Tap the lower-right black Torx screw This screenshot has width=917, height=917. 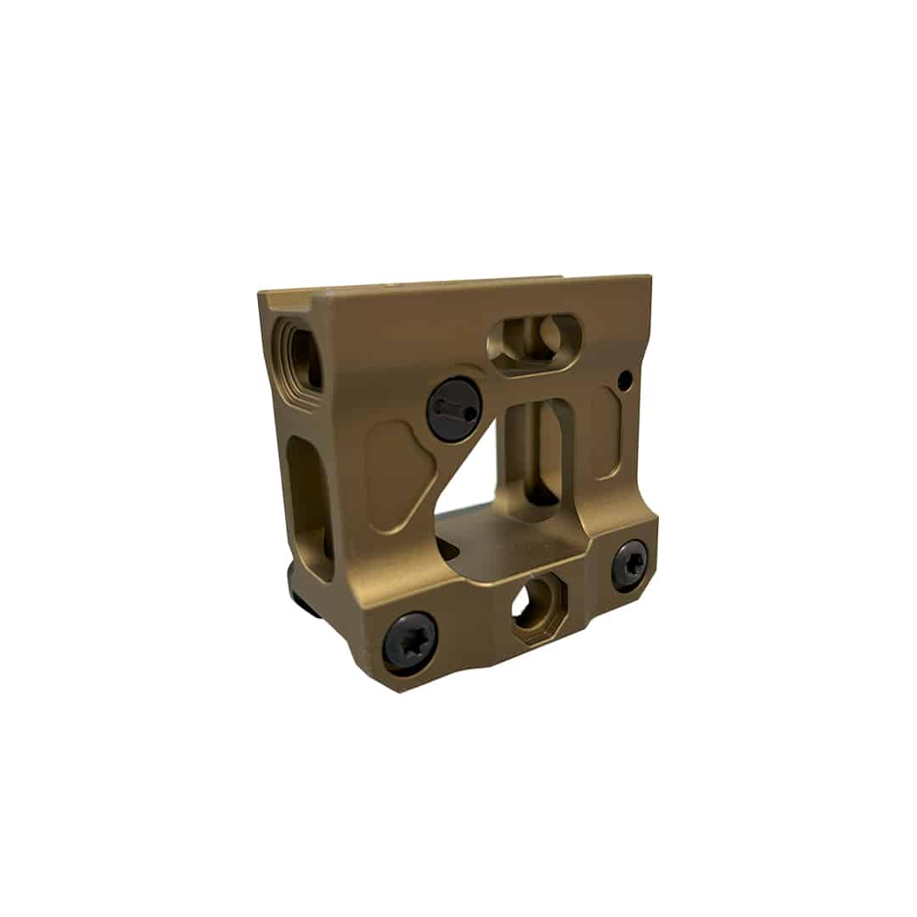(x=629, y=565)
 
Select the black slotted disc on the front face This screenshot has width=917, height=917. (x=454, y=409)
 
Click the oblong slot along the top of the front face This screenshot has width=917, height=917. (x=534, y=341)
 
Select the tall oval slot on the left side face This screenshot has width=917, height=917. (x=309, y=508)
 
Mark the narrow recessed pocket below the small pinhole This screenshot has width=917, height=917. (x=608, y=433)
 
